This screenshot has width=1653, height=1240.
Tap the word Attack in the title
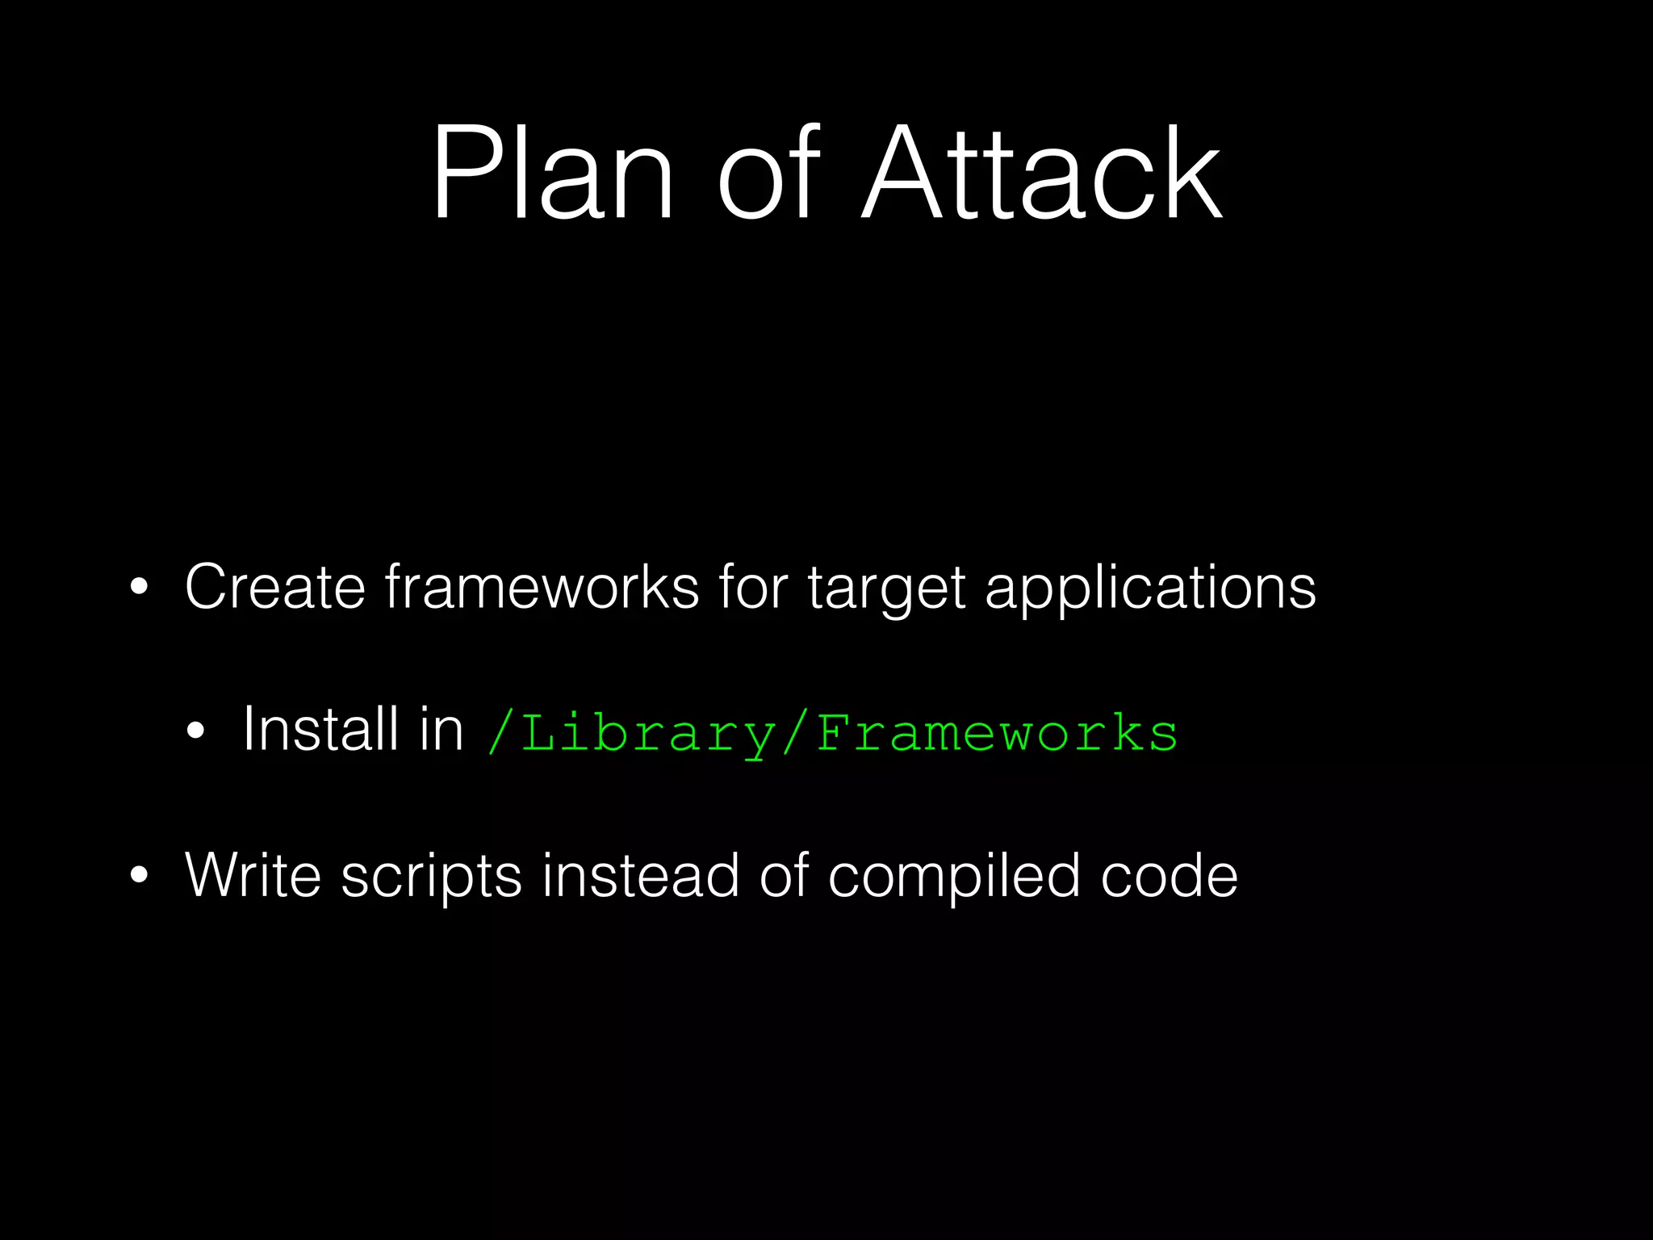tap(1042, 173)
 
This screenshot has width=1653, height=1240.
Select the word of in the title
tap(768, 173)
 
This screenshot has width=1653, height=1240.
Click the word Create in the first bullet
tap(275, 586)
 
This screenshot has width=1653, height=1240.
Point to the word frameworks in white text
tap(542, 586)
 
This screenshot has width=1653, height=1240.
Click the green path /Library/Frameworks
tap(833, 733)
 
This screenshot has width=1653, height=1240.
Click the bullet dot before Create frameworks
tap(139, 588)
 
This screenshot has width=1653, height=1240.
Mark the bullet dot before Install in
tap(195, 731)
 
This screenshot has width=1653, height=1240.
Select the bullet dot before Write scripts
tap(139, 876)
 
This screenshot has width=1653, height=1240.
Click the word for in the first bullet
tap(753, 586)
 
